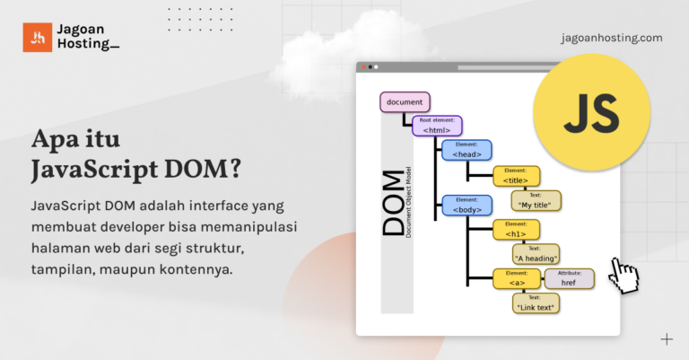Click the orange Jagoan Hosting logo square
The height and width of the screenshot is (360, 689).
tap(38, 37)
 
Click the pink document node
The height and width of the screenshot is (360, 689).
tap(405, 101)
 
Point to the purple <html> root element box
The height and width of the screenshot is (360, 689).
tap(437, 127)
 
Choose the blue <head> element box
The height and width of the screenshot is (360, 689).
tap(467, 150)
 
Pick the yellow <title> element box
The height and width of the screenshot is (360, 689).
tap(516, 176)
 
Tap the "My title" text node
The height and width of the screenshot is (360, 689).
tap(536, 200)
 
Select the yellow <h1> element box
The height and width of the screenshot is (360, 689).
tap(516, 230)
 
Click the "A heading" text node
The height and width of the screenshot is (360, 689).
tap(536, 254)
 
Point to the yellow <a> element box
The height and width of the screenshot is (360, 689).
tap(516, 279)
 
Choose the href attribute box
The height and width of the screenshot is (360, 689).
tap(569, 279)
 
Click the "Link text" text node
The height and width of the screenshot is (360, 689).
tap(536, 303)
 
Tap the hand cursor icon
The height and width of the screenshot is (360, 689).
tap(625, 275)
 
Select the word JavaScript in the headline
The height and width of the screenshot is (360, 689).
tap(88, 170)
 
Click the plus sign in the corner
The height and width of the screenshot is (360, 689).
tap(667, 339)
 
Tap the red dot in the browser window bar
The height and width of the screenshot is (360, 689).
tap(363, 67)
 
